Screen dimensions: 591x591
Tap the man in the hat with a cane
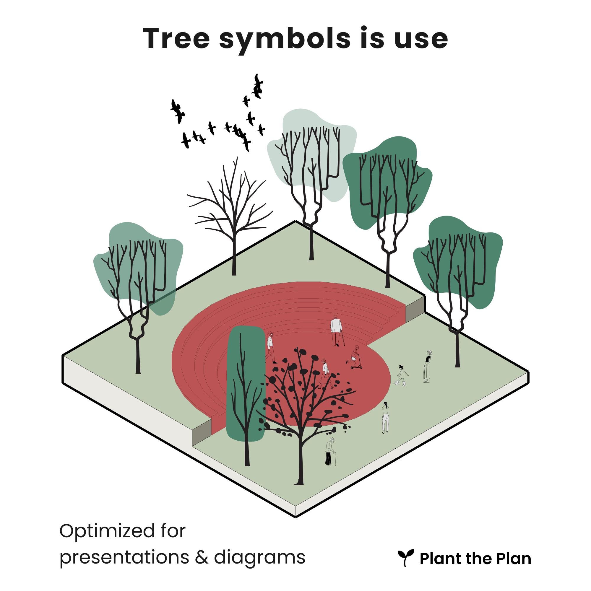point(336,330)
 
